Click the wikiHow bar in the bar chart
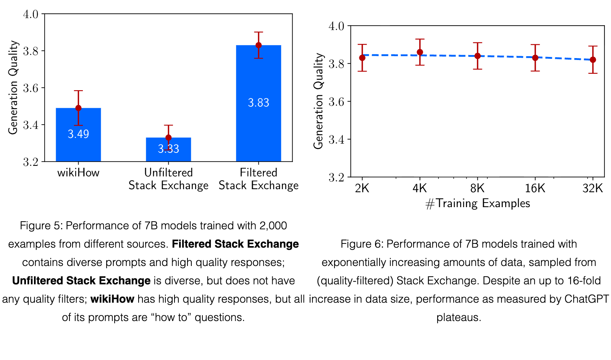(x=78, y=135)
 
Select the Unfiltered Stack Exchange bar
(x=168, y=149)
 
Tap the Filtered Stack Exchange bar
(x=258, y=103)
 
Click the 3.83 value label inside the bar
(x=258, y=103)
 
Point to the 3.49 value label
(x=78, y=134)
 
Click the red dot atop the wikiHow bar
(x=78, y=108)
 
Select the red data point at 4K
(x=420, y=52)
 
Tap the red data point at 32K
(x=593, y=60)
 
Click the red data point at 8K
(x=477, y=56)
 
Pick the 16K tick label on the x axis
(x=535, y=188)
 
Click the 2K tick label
(x=362, y=188)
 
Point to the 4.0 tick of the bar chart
(x=31, y=14)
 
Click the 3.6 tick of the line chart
(x=336, y=102)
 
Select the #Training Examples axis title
(x=478, y=204)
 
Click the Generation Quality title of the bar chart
(x=13, y=88)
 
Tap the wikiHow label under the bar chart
(x=78, y=173)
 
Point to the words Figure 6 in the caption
(x=360, y=244)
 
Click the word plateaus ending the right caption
(x=459, y=318)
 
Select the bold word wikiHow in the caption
(x=112, y=299)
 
